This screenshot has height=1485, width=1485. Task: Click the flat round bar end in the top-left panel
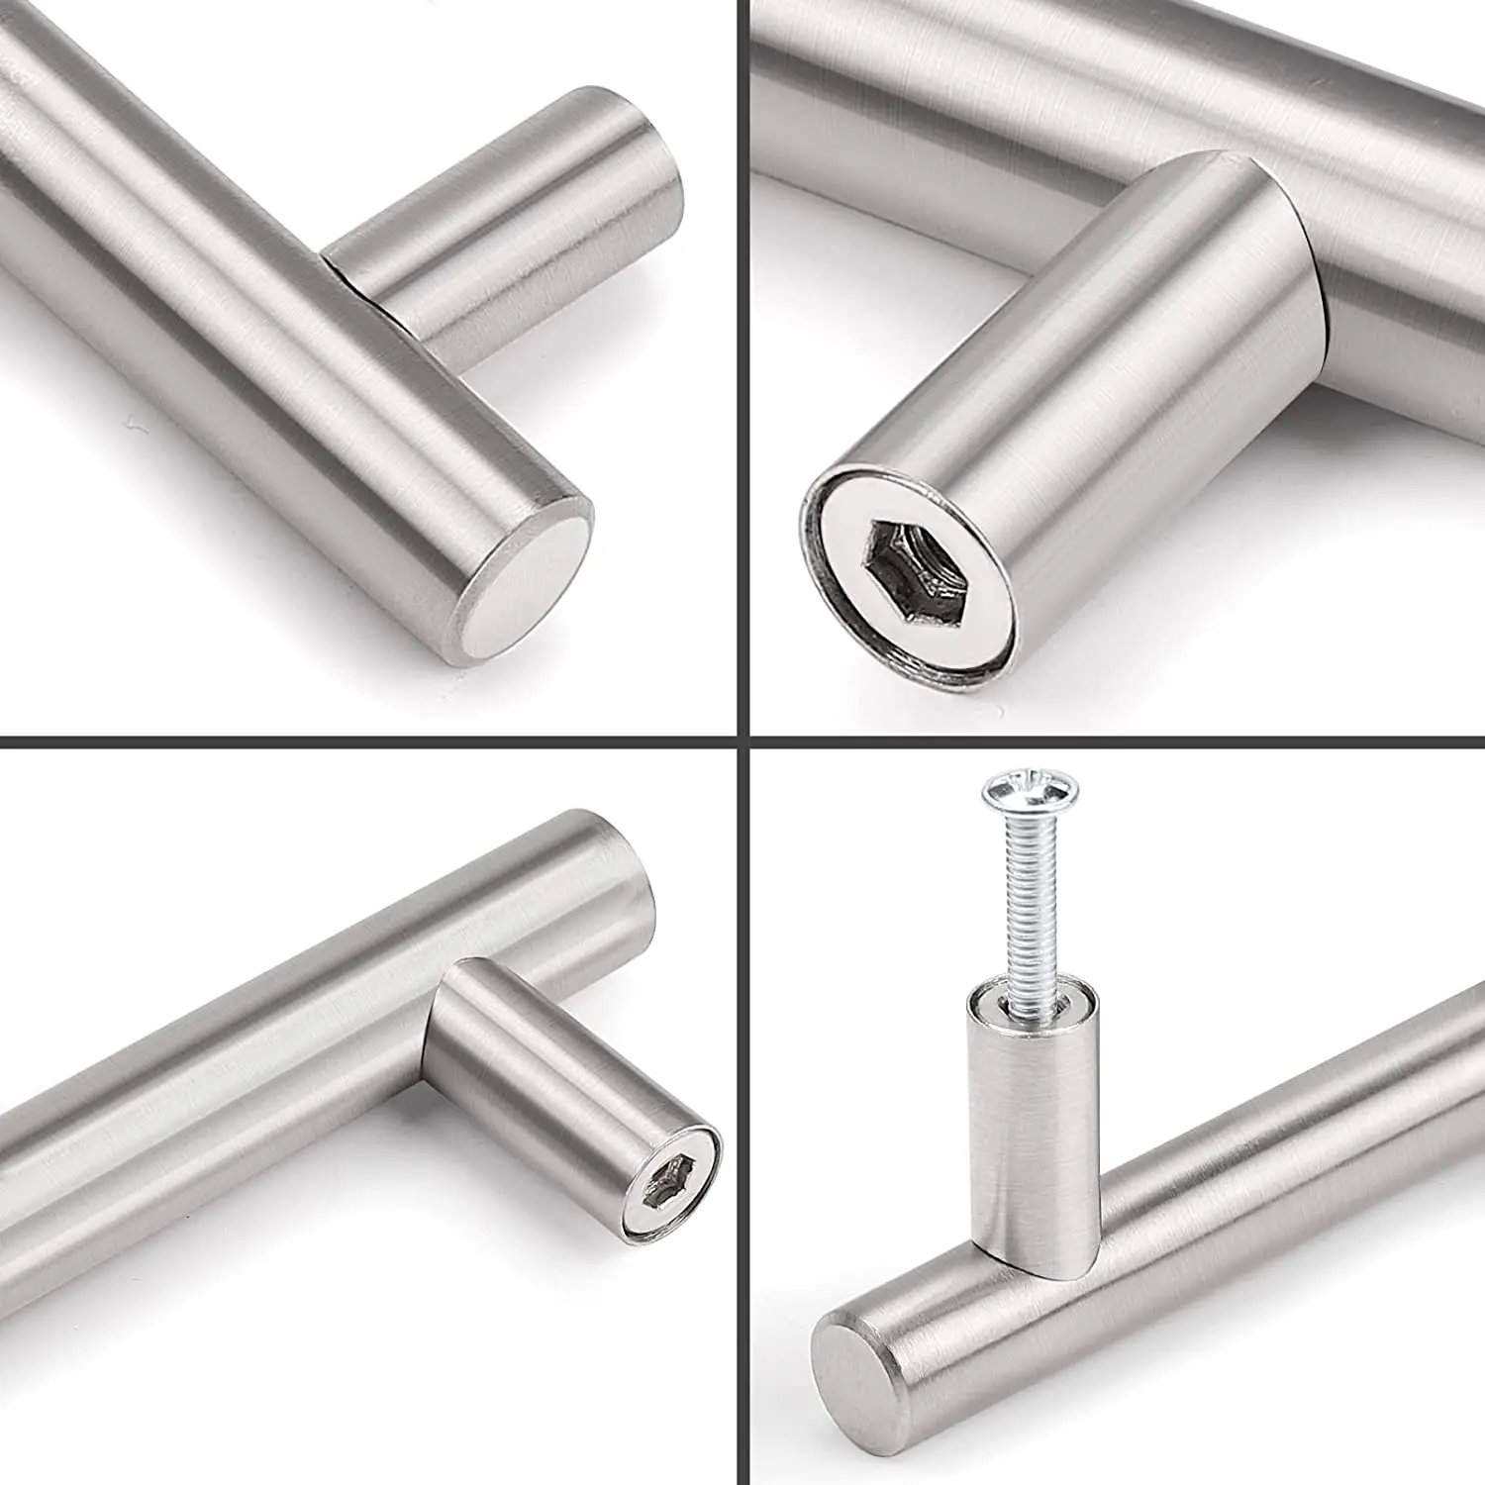click(x=528, y=583)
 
